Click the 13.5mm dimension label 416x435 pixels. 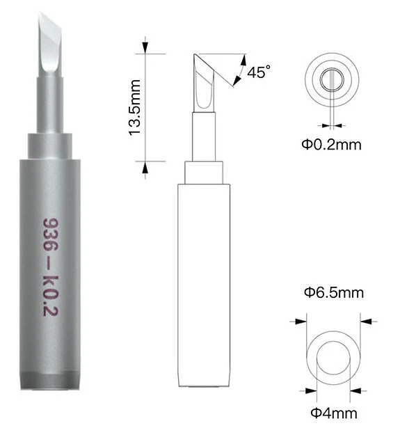pos(135,108)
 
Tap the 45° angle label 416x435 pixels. pos(259,72)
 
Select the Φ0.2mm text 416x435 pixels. pos(332,145)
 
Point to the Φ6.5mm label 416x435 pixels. pos(334,293)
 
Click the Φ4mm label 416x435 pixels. pos(334,413)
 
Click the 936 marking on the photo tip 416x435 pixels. pos(51,235)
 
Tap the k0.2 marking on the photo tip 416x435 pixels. pos(51,296)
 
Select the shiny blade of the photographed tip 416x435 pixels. pos(50,45)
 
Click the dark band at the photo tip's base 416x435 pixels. pos(50,381)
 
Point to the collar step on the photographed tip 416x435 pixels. pos(50,146)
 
